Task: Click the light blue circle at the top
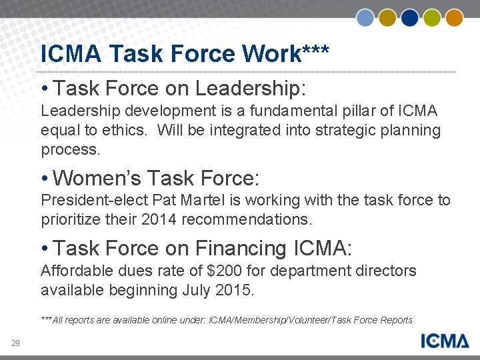(x=365, y=17)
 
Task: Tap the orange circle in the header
(x=455, y=17)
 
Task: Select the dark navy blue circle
(x=410, y=17)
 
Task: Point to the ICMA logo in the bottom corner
(x=445, y=341)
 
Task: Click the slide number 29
(x=15, y=343)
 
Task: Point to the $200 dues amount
(x=221, y=271)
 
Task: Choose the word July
(x=196, y=290)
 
